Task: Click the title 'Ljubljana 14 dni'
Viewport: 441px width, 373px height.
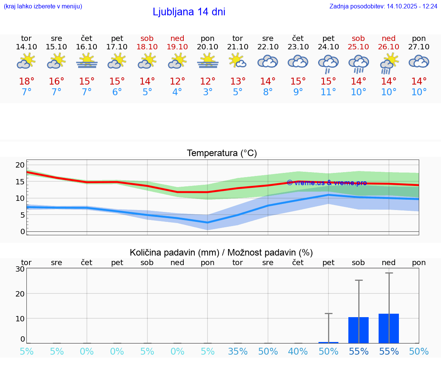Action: [189, 12]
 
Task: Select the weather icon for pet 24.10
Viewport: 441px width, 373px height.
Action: [328, 64]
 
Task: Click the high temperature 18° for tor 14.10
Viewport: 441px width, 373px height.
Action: [26, 81]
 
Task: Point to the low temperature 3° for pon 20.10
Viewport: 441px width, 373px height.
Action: [207, 92]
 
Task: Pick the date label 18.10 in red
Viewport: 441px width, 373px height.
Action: [147, 47]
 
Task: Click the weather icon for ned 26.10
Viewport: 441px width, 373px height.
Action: [389, 64]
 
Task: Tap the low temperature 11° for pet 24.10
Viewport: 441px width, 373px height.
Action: [328, 92]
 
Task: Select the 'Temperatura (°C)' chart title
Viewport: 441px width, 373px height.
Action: [222, 153]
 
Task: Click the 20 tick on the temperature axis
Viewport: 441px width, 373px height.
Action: [20, 165]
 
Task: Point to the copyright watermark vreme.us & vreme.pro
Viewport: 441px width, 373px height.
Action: [327, 183]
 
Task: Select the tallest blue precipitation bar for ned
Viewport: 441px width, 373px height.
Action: [389, 328]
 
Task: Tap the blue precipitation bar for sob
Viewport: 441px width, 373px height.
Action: [358, 330]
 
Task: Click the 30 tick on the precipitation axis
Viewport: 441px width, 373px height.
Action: [20, 269]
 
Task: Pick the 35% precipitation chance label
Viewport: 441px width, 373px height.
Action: [238, 351]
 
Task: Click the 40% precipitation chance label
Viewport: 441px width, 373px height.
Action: [298, 351]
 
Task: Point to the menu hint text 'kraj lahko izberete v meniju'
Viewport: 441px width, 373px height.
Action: [42, 6]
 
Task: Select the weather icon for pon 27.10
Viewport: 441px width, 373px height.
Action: [419, 62]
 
